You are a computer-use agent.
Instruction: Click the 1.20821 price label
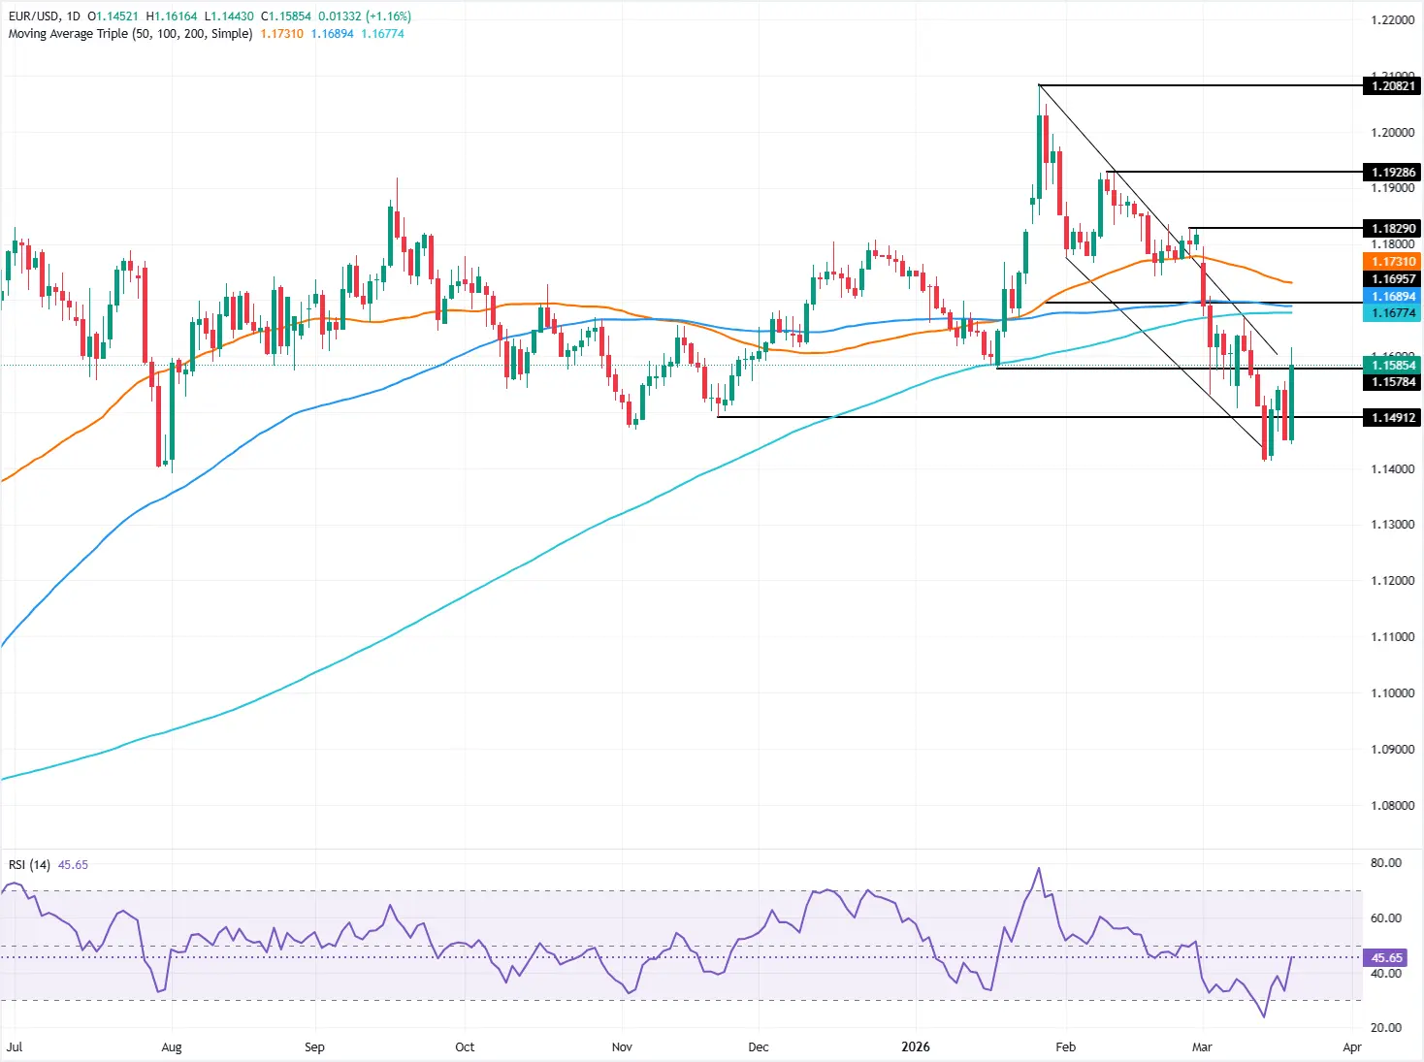tap(1392, 86)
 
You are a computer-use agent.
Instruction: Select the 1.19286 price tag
tap(1392, 173)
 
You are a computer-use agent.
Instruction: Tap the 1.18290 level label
tap(1392, 229)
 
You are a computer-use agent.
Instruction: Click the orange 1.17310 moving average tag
tap(1392, 262)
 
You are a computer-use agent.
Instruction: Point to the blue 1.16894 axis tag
tap(1392, 297)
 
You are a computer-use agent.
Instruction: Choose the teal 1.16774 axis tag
tap(1392, 313)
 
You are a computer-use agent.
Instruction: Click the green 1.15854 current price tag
tap(1392, 366)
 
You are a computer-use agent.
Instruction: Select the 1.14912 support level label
tap(1392, 418)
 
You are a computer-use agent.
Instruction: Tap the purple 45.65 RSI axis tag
tap(1386, 958)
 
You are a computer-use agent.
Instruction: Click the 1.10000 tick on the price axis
tap(1392, 693)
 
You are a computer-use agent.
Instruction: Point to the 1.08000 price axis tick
tap(1392, 806)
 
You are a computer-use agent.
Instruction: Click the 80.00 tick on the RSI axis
tap(1385, 863)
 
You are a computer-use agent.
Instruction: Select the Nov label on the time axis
tap(622, 1047)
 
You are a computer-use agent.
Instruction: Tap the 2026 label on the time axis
tap(915, 1047)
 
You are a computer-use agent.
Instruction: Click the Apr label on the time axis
tap(1352, 1047)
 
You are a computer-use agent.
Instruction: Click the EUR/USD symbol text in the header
tap(35, 16)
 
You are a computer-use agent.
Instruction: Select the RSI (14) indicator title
tap(29, 865)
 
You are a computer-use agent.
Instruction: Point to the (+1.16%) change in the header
tap(388, 16)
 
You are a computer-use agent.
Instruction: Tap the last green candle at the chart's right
tap(1292, 402)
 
